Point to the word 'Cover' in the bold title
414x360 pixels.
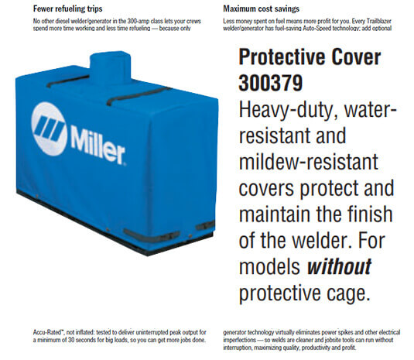363,59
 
